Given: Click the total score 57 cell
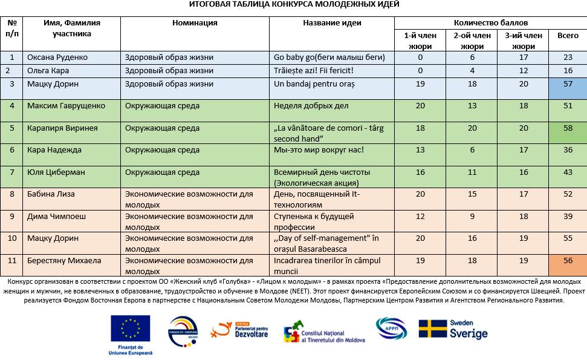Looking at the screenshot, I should click(567, 84).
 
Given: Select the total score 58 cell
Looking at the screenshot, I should click(567, 128).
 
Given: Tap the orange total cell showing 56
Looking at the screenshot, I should click(567, 261).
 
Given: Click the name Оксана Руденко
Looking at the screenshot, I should click(57, 57).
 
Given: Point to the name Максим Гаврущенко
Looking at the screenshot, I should click(66, 106).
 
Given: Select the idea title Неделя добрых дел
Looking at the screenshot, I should click(311, 106).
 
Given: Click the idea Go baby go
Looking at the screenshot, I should click(329, 57).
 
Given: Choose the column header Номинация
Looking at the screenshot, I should click(195, 23).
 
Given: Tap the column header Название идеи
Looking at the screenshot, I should click(332, 23).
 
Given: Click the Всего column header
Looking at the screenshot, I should click(567, 36).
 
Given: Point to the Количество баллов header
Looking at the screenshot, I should click(490, 23).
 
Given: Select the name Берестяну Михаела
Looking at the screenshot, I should click(64, 261).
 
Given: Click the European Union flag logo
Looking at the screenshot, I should click(131, 330).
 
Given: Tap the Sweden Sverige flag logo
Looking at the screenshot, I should click(453, 329).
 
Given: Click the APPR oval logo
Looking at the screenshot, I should click(391, 328).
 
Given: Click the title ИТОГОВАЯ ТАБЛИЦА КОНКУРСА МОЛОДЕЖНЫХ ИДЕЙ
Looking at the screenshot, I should click(293, 4).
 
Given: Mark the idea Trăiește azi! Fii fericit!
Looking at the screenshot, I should click(313, 71).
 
